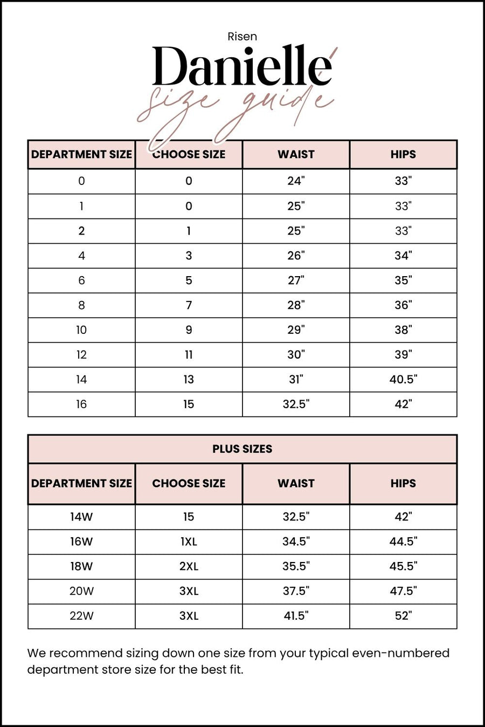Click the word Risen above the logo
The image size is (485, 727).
(x=242, y=37)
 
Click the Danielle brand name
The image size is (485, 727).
(x=242, y=67)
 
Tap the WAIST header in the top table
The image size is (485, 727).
(x=296, y=154)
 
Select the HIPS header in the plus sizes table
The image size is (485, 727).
(x=403, y=483)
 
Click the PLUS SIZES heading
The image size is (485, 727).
(x=242, y=449)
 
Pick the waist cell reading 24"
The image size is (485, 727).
(x=296, y=181)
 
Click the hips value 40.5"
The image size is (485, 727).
(x=403, y=380)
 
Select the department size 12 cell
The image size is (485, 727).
(x=81, y=355)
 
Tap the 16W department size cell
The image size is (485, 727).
(x=81, y=541)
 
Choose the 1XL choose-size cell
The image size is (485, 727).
(x=189, y=541)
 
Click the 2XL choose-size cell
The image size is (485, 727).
(x=189, y=566)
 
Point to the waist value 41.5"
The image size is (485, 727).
(x=296, y=616)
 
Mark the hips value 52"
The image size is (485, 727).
(x=403, y=616)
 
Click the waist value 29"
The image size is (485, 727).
(x=296, y=330)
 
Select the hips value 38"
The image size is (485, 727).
(x=403, y=330)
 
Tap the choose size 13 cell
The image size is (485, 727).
(x=189, y=380)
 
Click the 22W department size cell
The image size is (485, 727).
(x=81, y=616)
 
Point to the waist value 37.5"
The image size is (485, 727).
(x=296, y=591)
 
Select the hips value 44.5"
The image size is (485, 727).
(x=403, y=541)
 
